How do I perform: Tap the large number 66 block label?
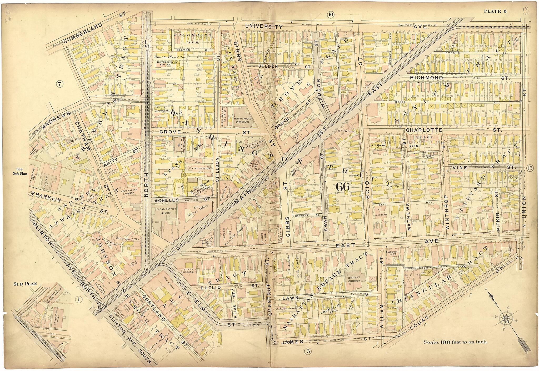pos(342,187)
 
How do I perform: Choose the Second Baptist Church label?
pos(163,211)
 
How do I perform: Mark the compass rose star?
pos(506,319)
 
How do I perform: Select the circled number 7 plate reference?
pos(60,84)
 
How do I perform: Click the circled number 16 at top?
pos(331,15)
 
